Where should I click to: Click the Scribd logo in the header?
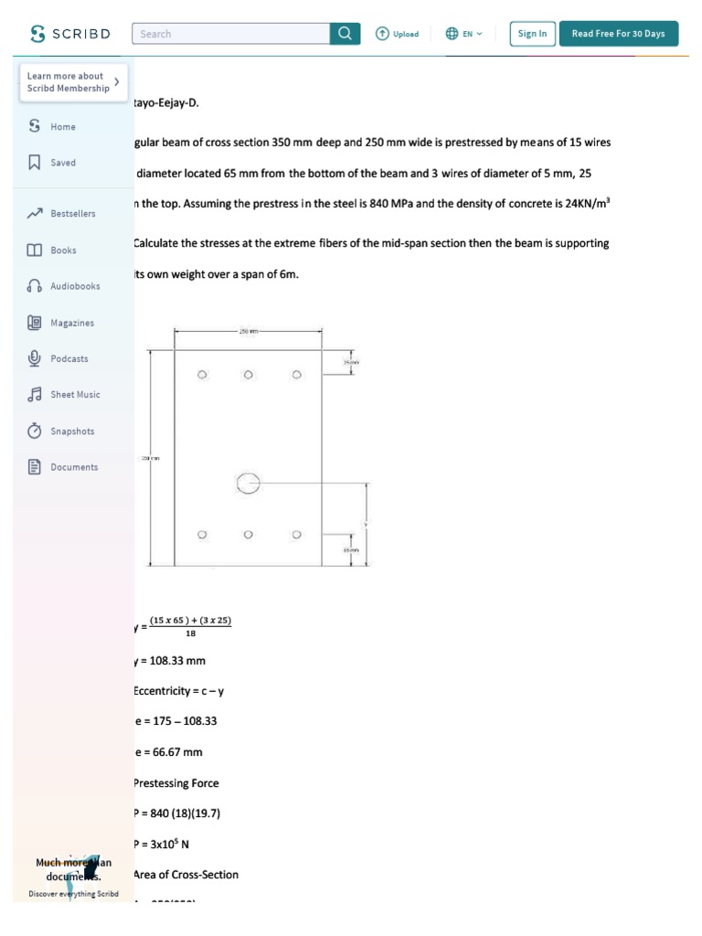(x=70, y=34)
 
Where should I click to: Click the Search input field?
(x=231, y=34)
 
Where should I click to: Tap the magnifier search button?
(x=345, y=34)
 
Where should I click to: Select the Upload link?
(x=397, y=34)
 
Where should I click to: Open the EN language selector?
(x=464, y=34)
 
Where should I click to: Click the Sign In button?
(x=532, y=34)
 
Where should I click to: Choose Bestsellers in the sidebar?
(x=72, y=214)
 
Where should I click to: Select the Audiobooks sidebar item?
(x=74, y=286)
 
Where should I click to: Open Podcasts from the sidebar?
(x=69, y=358)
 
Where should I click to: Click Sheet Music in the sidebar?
(x=75, y=395)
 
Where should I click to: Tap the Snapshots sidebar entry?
(x=71, y=431)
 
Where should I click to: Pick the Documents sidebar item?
(x=73, y=467)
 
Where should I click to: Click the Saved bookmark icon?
(x=35, y=163)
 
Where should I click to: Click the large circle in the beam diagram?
(x=248, y=484)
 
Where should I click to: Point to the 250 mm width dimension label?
(x=248, y=332)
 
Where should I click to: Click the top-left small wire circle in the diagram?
(x=202, y=375)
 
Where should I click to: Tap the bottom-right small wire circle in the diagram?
(x=296, y=535)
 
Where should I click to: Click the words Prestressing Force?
(x=176, y=783)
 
